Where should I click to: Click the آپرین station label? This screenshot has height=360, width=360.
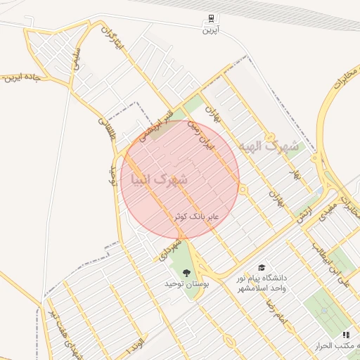211,30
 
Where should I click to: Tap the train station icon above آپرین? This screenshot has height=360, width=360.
211,19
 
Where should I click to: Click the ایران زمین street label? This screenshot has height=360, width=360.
200,136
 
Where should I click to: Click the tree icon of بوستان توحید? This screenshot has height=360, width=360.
187,273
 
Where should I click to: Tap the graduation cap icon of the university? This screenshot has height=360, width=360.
262,268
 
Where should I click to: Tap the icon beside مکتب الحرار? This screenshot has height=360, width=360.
345,335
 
